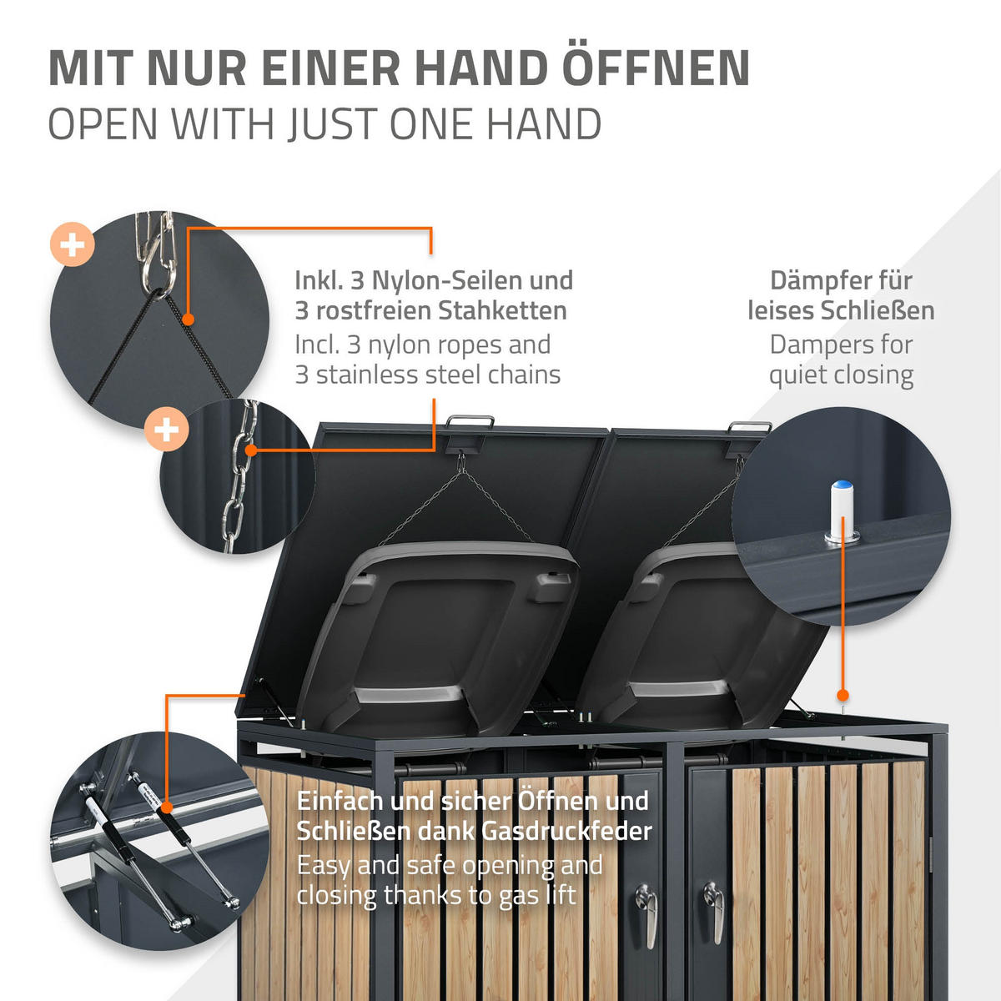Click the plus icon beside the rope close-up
tap(73, 244)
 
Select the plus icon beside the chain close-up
tap(166, 430)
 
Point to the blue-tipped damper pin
tap(842, 511)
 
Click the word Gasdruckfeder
tap(566, 832)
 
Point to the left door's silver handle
tap(646, 916)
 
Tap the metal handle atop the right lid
tap(748, 428)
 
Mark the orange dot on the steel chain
tap(251, 450)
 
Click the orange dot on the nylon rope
tap(188, 319)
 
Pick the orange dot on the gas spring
tap(166, 807)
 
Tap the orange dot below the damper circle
tap(843, 695)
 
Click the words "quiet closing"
tap(841, 376)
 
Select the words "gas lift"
tap(537, 895)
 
